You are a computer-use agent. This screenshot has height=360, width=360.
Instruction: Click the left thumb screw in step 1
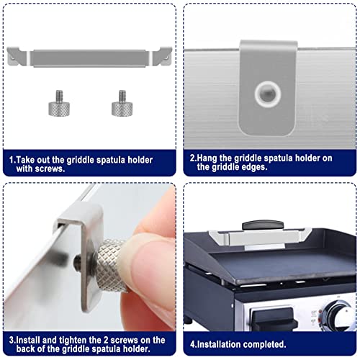tap(59, 104)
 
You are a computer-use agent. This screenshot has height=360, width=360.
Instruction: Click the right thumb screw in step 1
tap(122, 104)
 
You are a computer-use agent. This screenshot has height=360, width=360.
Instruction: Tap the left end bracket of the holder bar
tap(17, 57)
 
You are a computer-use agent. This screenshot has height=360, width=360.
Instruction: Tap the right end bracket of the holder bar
tap(163, 56)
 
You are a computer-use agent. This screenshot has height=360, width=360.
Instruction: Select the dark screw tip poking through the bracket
tap(77, 259)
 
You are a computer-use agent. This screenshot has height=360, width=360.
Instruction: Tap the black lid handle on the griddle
tap(263, 225)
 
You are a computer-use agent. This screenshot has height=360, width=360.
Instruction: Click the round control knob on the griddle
tap(340, 314)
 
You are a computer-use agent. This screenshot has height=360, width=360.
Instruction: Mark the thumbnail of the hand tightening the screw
tap(90, 257)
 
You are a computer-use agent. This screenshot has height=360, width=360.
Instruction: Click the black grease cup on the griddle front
tap(272, 318)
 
